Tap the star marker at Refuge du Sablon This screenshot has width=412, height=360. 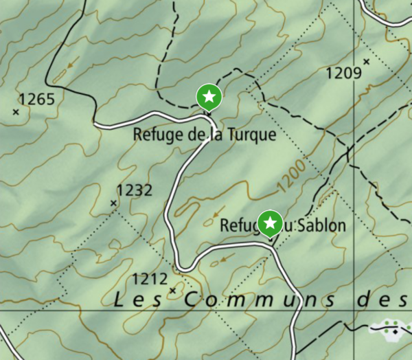(271, 223)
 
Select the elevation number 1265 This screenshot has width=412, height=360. (36, 99)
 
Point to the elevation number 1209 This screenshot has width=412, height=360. (343, 72)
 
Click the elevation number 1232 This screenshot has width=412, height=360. (134, 190)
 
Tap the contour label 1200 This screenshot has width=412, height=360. (291, 177)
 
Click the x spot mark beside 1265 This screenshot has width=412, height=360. (16, 111)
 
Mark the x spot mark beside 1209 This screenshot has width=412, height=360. (367, 62)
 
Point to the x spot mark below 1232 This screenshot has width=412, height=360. (114, 203)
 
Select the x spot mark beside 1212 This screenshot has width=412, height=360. (172, 291)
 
